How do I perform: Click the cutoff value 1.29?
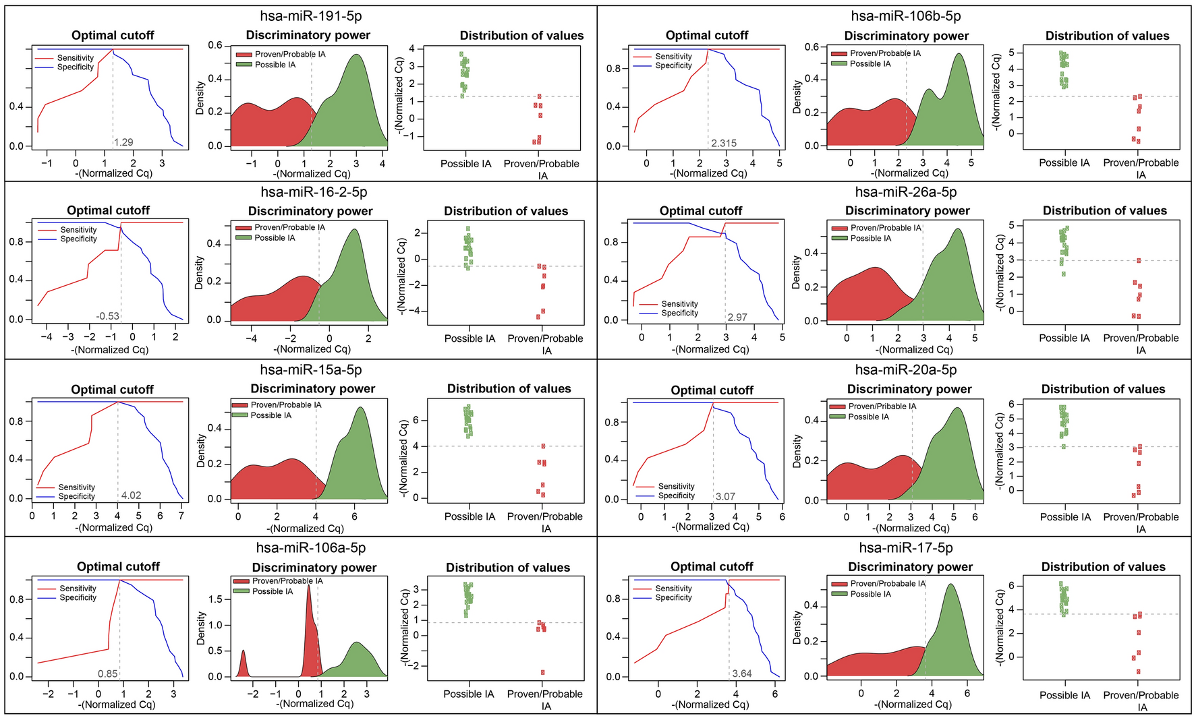pos(123,142)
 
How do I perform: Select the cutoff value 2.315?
pos(723,143)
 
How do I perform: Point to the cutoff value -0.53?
pos(107,316)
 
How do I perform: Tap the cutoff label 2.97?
pos(737,317)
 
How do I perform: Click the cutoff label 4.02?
pos(131,495)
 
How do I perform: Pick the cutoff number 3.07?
pos(725,496)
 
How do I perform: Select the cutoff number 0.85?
pos(108,673)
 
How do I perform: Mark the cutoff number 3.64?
pos(742,673)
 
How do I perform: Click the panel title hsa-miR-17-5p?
pos(906,548)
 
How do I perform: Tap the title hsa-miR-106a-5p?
pos(311,548)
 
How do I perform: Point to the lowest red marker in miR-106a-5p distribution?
pos(542,672)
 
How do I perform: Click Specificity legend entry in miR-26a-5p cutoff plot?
pos(679,313)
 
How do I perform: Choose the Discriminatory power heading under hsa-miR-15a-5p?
pos(312,388)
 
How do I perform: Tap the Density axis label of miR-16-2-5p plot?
pos(199,273)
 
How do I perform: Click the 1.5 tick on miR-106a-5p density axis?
pos(217,599)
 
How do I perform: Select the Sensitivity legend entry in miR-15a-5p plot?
pos(76,487)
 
